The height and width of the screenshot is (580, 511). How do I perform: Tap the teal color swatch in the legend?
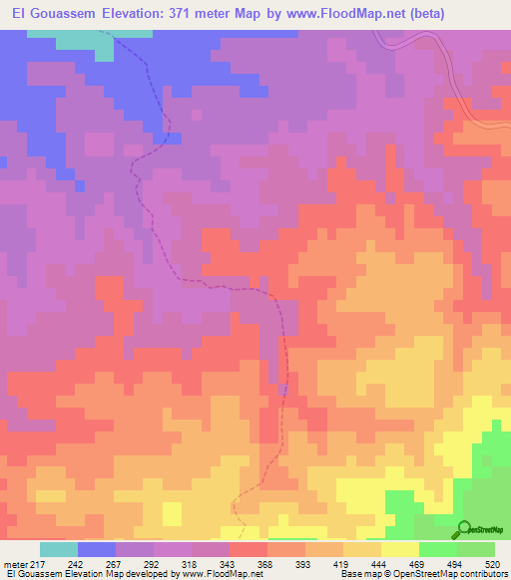(x=58, y=549)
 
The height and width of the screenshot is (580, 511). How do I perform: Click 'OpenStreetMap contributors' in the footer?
(x=457, y=574)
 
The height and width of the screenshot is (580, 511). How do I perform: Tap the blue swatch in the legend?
(x=96, y=549)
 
